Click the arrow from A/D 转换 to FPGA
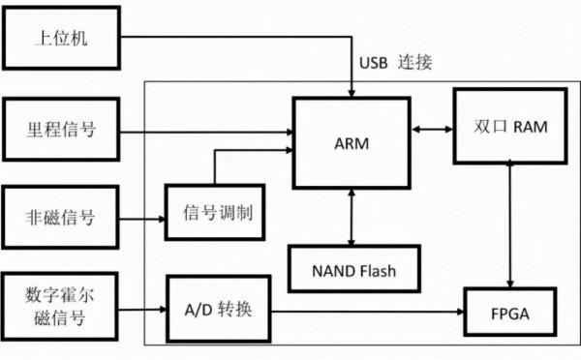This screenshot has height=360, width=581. [368, 311]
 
